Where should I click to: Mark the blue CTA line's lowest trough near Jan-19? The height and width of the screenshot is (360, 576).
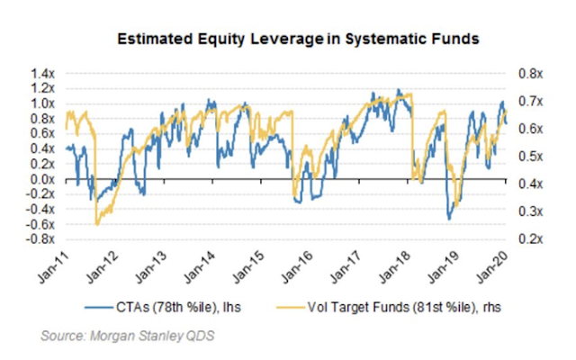(x=449, y=218)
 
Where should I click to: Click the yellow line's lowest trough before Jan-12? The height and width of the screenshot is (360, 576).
(x=96, y=223)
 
